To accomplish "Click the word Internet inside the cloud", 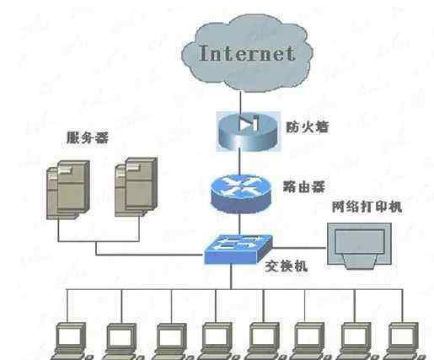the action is pos(247,53).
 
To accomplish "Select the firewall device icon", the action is pos(249,132).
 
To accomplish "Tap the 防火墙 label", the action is pos(307,127).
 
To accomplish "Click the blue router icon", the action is pos(241,194).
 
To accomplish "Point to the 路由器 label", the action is pos(304,187).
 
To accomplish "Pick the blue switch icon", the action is pos(238,250).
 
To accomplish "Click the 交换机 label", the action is pos(287,266).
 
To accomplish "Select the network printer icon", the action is pos(360,245).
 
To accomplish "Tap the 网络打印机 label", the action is pos(367,207).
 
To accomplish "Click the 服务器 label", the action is pos(88,138).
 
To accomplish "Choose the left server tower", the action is pos(68,190).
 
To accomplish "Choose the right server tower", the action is pos(136,187).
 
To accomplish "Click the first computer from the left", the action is pos(71,341).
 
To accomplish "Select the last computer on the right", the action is pos(404,341).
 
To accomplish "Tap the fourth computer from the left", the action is pos(217,341).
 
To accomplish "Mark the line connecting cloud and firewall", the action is pos(240,101).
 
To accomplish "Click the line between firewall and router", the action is pos(239,163).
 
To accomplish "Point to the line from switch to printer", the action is pos(299,248).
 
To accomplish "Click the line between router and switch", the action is pos(239,224).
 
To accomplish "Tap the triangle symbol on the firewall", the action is pos(244,123).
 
